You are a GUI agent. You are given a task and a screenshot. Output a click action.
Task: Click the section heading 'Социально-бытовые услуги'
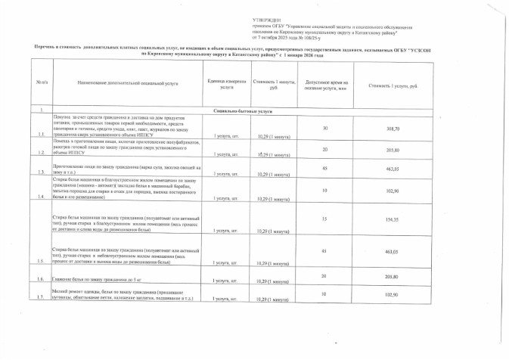268,111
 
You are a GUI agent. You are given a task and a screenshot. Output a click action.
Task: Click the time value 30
326,128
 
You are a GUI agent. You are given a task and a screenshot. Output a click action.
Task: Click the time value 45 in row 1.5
326,250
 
